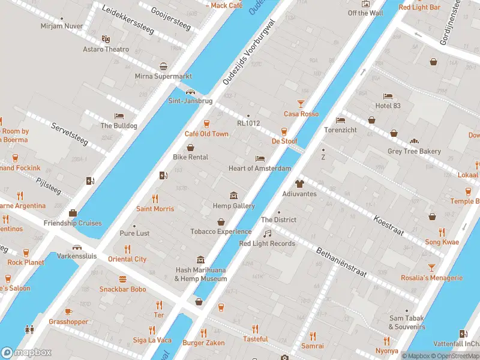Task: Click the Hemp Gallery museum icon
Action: (x=233, y=196)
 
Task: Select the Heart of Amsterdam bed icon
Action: (x=259, y=158)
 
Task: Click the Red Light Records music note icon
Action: (x=267, y=233)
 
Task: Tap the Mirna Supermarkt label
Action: (x=163, y=76)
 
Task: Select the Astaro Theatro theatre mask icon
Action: (x=106, y=39)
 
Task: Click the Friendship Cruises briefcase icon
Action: (x=73, y=213)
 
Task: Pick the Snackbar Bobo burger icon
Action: (x=123, y=279)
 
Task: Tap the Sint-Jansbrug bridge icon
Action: (x=190, y=92)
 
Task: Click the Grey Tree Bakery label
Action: (x=414, y=151)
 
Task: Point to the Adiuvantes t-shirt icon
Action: (x=299, y=184)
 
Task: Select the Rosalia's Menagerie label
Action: (x=433, y=278)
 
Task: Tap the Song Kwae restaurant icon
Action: (x=442, y=232)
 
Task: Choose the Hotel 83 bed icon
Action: (x=388, y=96)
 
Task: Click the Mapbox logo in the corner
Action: (x=26, y=353)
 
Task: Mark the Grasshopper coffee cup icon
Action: (x=68, y=311)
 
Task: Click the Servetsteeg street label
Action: (x=70, y=135)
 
